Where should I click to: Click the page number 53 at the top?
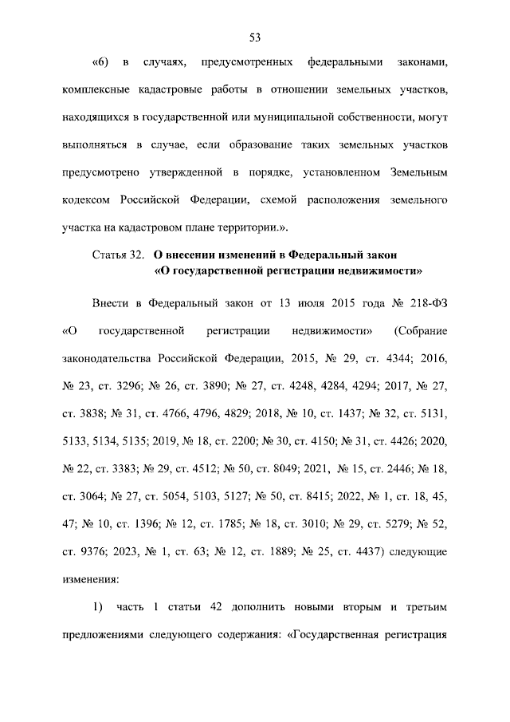click(x=255, y=37)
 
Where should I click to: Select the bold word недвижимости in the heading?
click(x=373, y=270)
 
